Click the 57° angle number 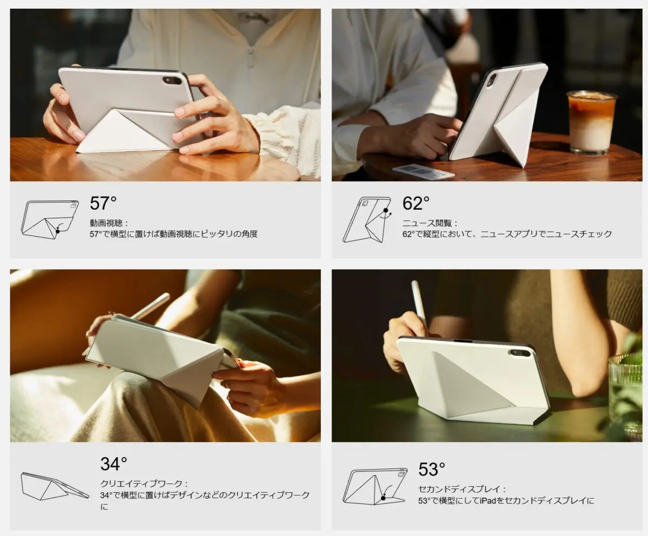click(x=103, y=204)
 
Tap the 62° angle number click(x=416, y=204)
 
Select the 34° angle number click(x=113, y=464)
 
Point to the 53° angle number click(x=432, y=469)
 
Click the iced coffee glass click(x=591, y=122)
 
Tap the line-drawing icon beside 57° click(x=50, y=219)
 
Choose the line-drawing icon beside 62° click(x=367, y=219)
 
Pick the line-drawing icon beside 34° click(x=53, y=486)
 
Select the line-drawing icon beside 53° click(x=376, y=486)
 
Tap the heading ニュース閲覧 click(x=430, y=223)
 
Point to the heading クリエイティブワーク click(x=144, y=484)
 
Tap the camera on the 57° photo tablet click(x=172, y=80)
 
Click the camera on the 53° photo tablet click(x=519, y=353)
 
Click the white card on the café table click(x=423, y=171)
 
